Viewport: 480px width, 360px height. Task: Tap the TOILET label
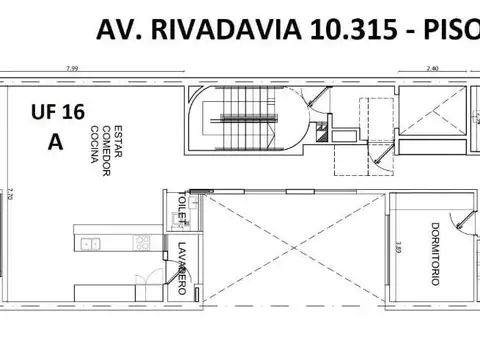pos(183,206)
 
